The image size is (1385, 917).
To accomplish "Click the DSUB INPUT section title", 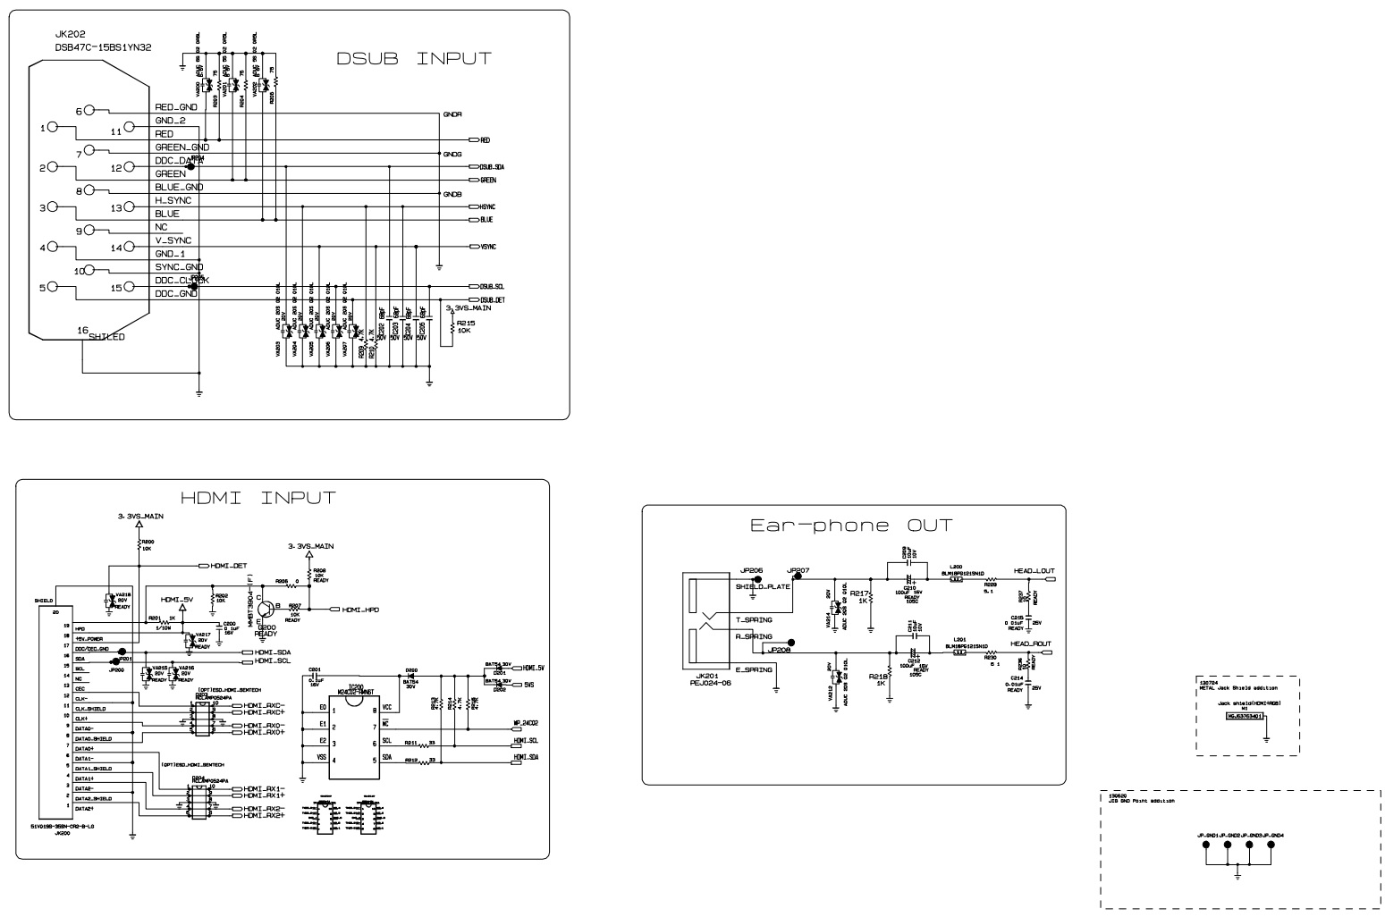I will (x=413, y=59).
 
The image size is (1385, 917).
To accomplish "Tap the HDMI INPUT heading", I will (x=258, y=498).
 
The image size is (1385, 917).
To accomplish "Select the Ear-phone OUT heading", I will (x=851, y=526).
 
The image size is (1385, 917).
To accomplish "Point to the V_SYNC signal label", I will (x=173, y=240).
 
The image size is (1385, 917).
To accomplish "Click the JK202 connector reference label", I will (x=70, y=34).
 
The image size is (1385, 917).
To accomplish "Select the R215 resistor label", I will (x=465, y=323).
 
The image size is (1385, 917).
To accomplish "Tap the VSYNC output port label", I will (x=487, y=247).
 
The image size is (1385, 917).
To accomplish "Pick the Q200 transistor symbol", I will (x=266, y=610).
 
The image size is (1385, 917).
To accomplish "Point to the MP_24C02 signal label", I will (x=525, y=722).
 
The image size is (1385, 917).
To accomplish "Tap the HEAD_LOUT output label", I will (x=1033, y=570).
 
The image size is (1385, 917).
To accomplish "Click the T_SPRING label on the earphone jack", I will (x=753, y=619).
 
